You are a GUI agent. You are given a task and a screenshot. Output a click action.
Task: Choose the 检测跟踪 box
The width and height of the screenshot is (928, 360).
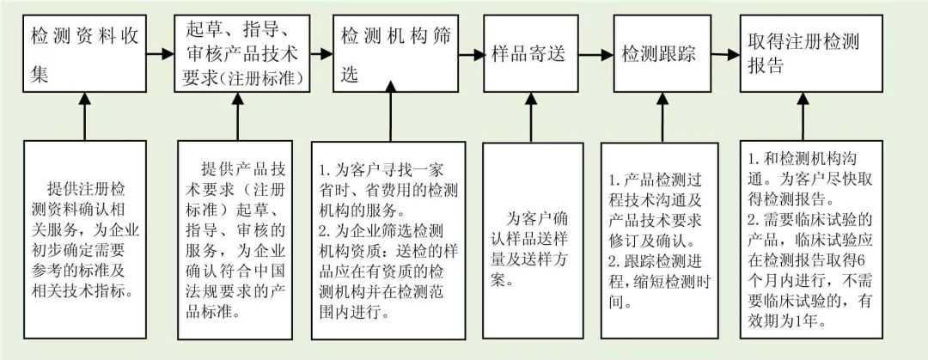click(659, 54)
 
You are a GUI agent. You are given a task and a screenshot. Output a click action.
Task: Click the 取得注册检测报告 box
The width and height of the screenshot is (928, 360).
click(803, 54)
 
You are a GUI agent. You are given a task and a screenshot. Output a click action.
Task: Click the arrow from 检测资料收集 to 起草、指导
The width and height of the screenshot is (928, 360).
click(158, 54)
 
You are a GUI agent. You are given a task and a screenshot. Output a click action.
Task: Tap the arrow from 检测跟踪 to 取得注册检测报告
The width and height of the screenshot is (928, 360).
click(723, 54)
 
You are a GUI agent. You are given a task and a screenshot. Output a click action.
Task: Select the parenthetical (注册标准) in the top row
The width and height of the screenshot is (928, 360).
click(262, 78)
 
